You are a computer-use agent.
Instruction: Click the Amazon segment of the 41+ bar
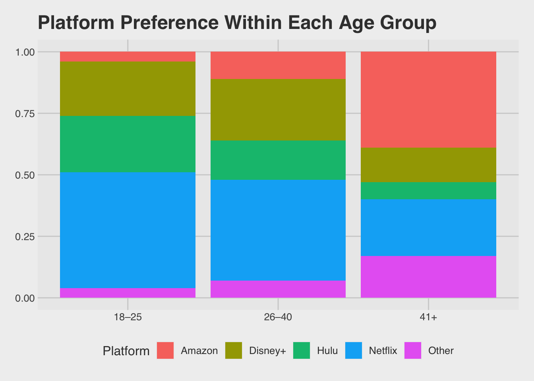(428, 99)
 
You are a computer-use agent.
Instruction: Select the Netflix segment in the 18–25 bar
(128, 230)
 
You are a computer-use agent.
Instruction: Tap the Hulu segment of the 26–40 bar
(278, 160)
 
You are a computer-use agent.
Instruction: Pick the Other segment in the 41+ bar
(428, 277)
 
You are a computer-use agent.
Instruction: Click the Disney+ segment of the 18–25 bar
(128, 89)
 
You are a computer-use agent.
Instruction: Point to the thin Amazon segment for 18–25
(128, 56)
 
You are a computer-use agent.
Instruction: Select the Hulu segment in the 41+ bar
(428, 190)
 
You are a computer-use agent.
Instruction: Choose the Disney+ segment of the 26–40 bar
(278, 110)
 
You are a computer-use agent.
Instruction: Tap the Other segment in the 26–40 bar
(278, 289)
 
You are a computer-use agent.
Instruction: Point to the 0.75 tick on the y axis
(25, 114)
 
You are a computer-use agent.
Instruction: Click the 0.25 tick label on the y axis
(25, 237)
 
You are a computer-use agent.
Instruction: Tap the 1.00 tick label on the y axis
(25, 52)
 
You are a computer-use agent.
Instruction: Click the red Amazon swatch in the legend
(165, 350)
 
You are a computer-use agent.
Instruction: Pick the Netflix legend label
(383, 350)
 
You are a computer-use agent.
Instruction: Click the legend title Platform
(126, 351)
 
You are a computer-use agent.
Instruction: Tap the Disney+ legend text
(267, 350)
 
